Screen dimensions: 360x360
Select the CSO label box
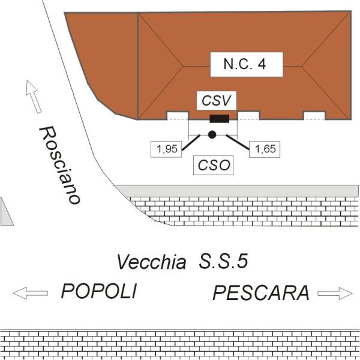click(214, 165)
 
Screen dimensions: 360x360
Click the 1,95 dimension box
click(166, 149)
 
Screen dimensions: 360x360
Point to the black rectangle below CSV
click(218, 118)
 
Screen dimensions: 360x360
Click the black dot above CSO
click(212, 134)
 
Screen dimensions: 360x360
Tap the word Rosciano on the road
click(59, 165)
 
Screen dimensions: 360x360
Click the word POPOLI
click(99, 292)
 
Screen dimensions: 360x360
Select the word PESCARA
click(261, 293)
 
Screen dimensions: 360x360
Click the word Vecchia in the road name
click(151, 262)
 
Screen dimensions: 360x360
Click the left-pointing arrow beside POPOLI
click(30, 293)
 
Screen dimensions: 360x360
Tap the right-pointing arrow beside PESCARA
click(335, 293)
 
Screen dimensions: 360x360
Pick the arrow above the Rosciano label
click(34, 96)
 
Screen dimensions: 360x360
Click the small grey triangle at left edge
click(6, 214)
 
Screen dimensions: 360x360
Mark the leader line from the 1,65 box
click(237, 142)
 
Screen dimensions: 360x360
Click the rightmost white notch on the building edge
click(314, 115)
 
